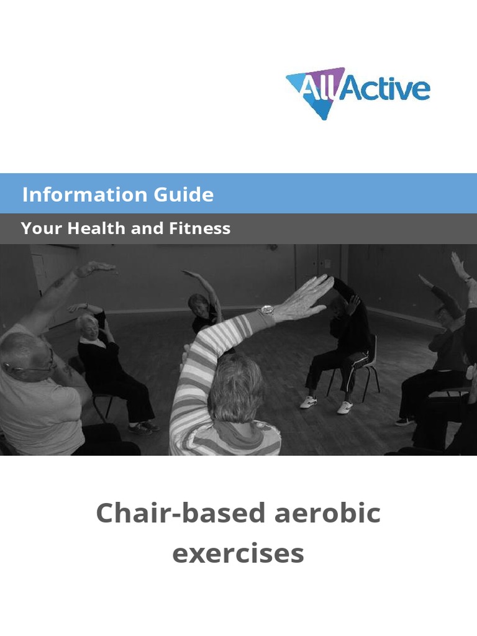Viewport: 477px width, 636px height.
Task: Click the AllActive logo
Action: pos(358,92)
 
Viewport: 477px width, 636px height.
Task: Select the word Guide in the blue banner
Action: pos(175,195)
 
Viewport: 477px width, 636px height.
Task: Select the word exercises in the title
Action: pos(238,552)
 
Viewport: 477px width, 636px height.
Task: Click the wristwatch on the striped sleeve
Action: pos(266,310)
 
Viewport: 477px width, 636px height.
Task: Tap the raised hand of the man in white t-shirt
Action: pos(96,268)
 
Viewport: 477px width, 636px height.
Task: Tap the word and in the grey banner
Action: pos(147,229)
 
